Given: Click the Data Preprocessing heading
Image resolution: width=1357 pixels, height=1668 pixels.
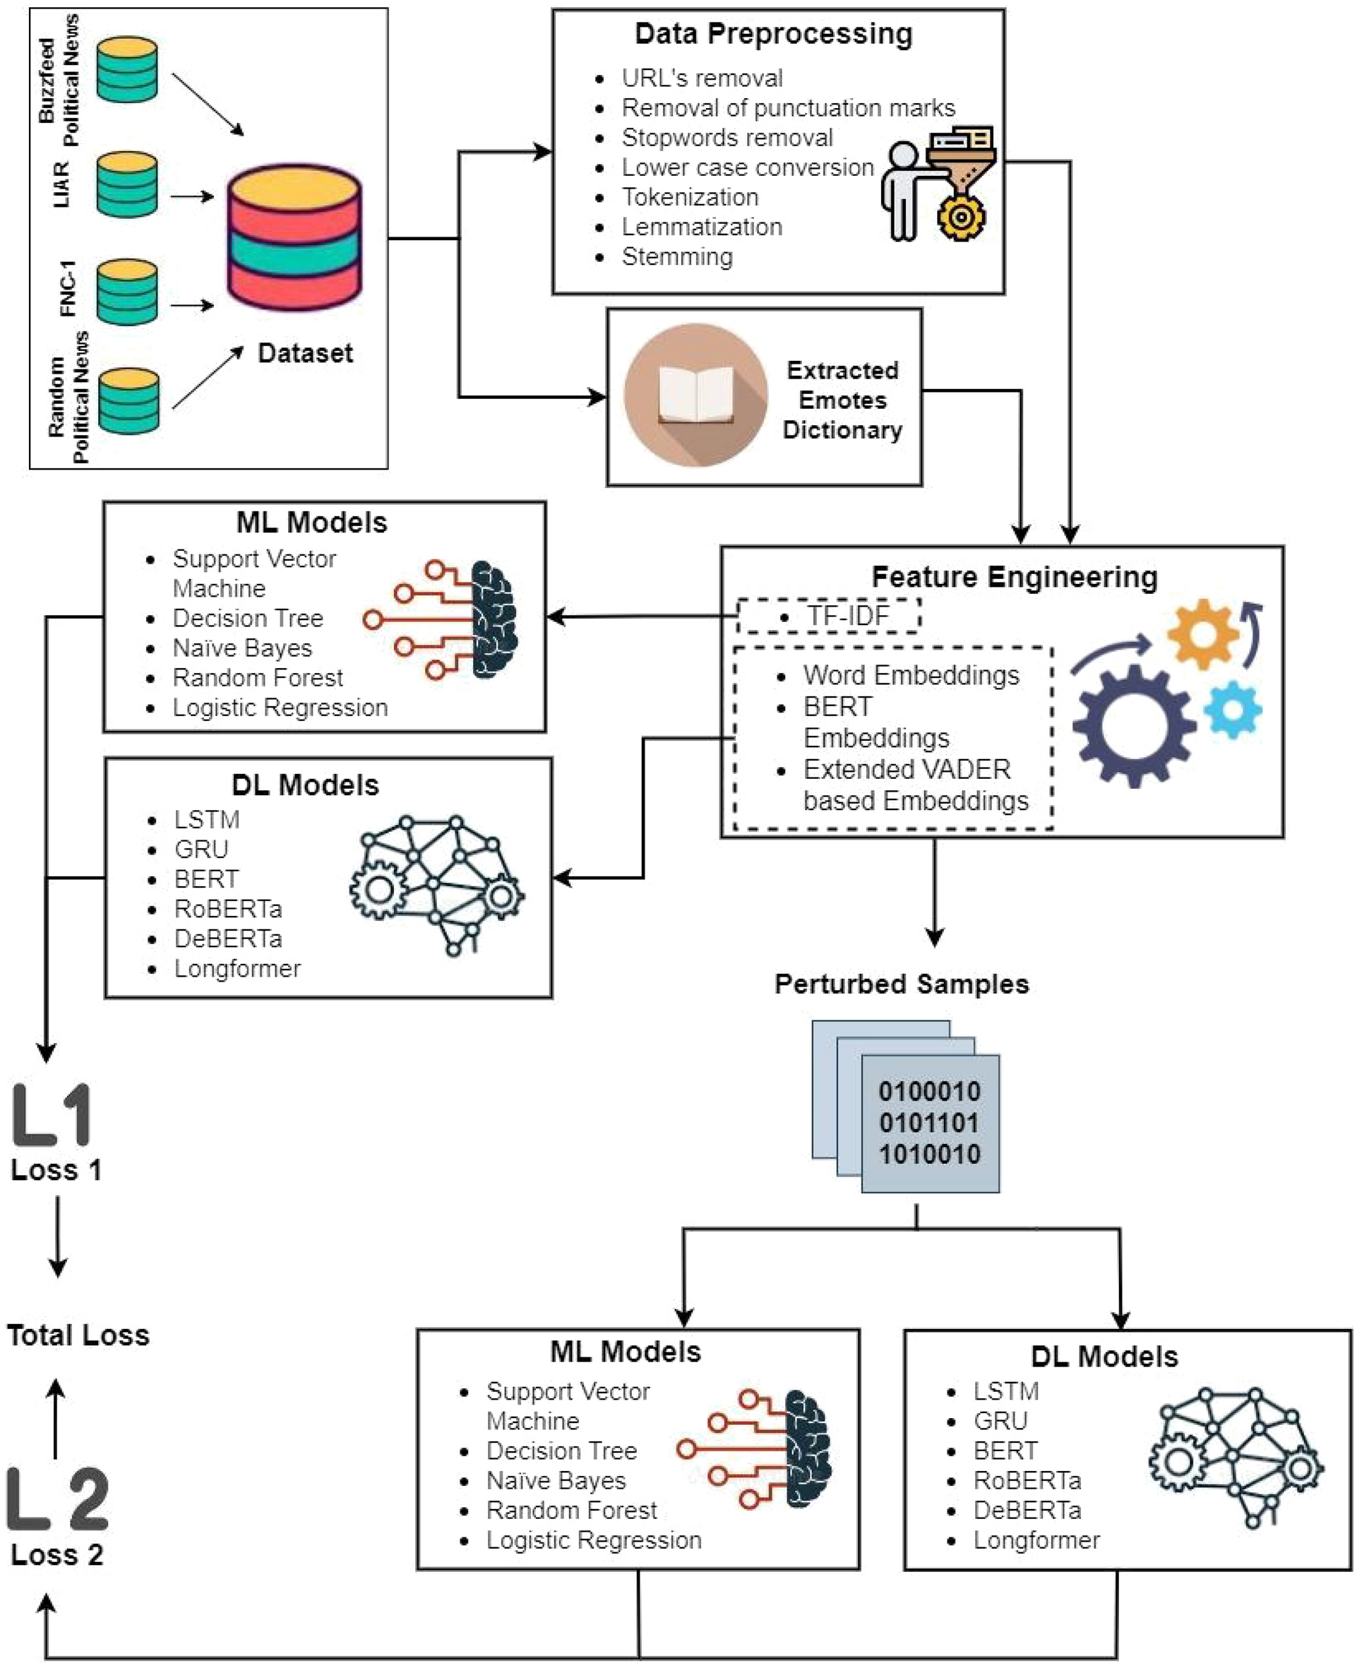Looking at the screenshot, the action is [773, 35].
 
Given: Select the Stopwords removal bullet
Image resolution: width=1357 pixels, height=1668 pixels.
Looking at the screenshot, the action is [727, 138].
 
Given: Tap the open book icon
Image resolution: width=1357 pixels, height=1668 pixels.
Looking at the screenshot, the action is [695, 395].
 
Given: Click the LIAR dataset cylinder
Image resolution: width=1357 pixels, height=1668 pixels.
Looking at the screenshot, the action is [126, 184].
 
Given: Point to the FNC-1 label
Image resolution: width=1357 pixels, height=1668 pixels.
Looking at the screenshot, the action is [68, 288].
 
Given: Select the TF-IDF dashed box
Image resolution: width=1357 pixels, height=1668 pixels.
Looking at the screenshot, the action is [829, 616].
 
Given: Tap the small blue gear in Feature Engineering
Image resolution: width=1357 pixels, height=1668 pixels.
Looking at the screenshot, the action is [1233, 709].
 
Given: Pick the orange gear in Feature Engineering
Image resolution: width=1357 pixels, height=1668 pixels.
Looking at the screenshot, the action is [1203, 634].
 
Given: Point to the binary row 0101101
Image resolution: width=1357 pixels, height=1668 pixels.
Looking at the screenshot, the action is [928, 1122].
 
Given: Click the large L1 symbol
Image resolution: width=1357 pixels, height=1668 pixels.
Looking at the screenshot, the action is [52, 1114].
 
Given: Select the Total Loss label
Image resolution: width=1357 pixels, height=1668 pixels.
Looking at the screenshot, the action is [78, 1335].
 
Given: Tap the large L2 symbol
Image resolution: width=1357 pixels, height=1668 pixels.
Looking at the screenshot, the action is [58, 1499].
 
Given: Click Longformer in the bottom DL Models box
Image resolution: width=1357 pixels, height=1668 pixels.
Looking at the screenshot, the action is [1036, 1541].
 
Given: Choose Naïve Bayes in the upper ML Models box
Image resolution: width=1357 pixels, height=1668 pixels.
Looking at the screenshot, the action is [242, 648].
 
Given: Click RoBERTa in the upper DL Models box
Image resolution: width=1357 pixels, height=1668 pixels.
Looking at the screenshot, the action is [227, 909].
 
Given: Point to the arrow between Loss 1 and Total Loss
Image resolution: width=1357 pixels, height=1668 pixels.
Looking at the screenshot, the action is [57, 1237].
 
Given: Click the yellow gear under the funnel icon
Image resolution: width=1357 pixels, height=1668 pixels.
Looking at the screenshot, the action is [960, 217].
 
